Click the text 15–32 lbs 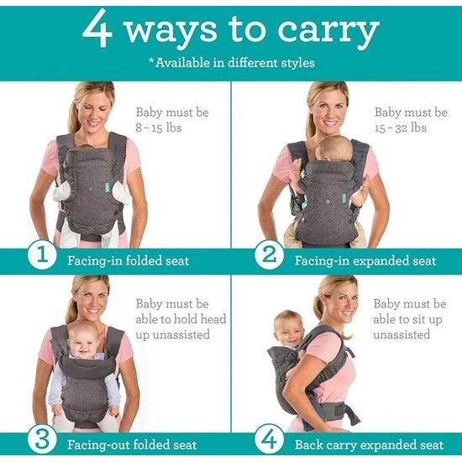[402, 128]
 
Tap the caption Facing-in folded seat [128, 260]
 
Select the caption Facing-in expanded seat [365, 260]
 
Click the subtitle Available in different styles [232, 63]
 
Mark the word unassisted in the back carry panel [402, 334]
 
